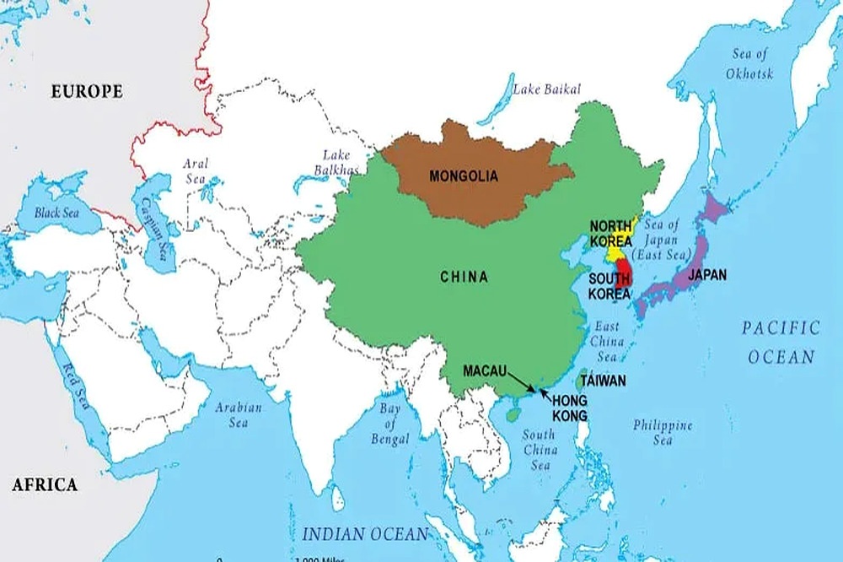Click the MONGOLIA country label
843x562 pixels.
463,176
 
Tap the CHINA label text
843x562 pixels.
464,276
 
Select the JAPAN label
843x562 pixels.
707,275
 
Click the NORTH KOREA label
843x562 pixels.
611,233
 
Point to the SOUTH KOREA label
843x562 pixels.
610,286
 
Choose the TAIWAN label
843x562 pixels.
602,381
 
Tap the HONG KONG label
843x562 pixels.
570,408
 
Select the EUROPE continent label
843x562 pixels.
87,91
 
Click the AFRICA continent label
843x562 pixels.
44,484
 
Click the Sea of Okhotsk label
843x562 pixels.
749,64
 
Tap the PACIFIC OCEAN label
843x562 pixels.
781,342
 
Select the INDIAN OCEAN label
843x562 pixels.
365,533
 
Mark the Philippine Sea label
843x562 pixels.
663,432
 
